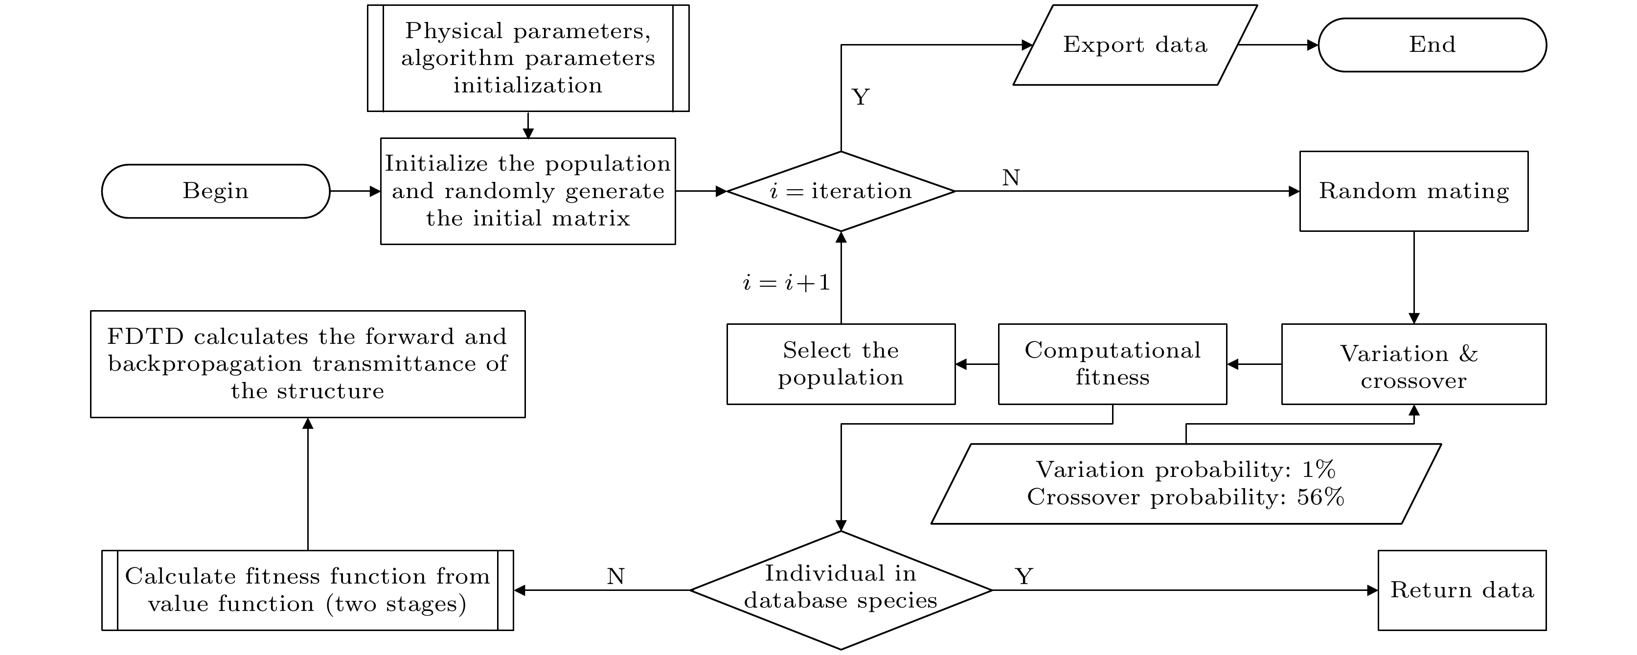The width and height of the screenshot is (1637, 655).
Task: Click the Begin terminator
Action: pyautogui.click(x=215, y=191)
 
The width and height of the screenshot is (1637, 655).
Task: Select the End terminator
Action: pyautogui.click(x=1432, y=45)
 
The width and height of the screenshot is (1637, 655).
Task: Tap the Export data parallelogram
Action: pyautogui.click(x=1135, y=45)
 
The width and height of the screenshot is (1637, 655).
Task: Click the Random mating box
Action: pyautogui.click(x=1413, y=191)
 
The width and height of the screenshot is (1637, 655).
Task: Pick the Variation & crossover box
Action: pyautogui.click(x=1413, y=364)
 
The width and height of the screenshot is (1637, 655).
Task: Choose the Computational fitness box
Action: pyautogui.click(x=1112, y=364)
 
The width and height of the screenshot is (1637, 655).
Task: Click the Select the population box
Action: pyautogui.click(x=841, y=364)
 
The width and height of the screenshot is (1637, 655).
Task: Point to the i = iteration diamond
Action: pyautogui.click(x=841, y=191)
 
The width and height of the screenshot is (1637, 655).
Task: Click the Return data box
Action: pyautogui.click(x=1462, y=590)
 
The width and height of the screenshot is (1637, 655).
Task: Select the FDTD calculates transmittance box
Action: pyautogui.click(x=308, y=364)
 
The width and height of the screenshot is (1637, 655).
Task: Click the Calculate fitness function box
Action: pyautogui.click(x=308, y=590)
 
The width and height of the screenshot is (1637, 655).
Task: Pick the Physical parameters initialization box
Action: pyautogui.click(x=527, y=58)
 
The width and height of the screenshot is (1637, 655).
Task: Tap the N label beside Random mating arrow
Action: pyautogui.click(x=1010, y=179)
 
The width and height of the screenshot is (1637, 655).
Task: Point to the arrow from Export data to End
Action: pyautogui.click(x=1277, y=45)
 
